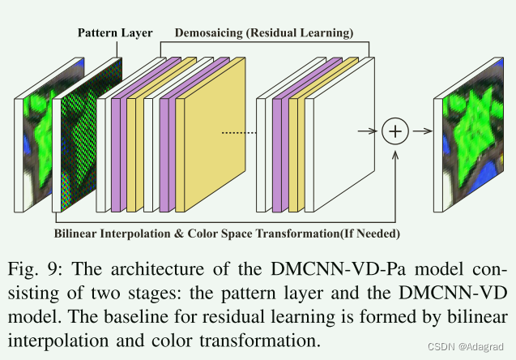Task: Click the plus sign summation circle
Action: [x=395, y=131]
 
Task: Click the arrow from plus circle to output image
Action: [x=420, y=131]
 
